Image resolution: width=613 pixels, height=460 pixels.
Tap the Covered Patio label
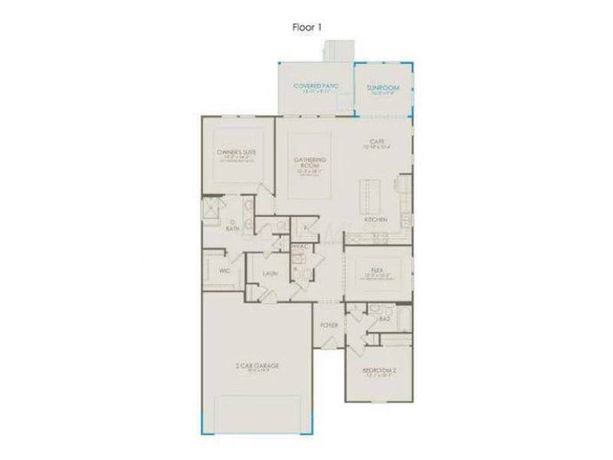(314, 86)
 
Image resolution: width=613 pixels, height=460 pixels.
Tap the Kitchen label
(375, 220)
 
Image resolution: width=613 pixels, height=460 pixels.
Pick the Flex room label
(376, 271)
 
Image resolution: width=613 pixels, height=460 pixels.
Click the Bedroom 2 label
(377, 373)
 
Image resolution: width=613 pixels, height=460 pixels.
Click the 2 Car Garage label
(257, 366)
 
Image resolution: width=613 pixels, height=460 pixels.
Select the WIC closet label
(225, 271)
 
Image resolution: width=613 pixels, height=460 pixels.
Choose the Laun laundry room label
(269, 273)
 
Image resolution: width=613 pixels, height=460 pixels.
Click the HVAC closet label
(300, 246)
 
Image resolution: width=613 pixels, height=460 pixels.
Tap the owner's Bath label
(231, 227)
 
